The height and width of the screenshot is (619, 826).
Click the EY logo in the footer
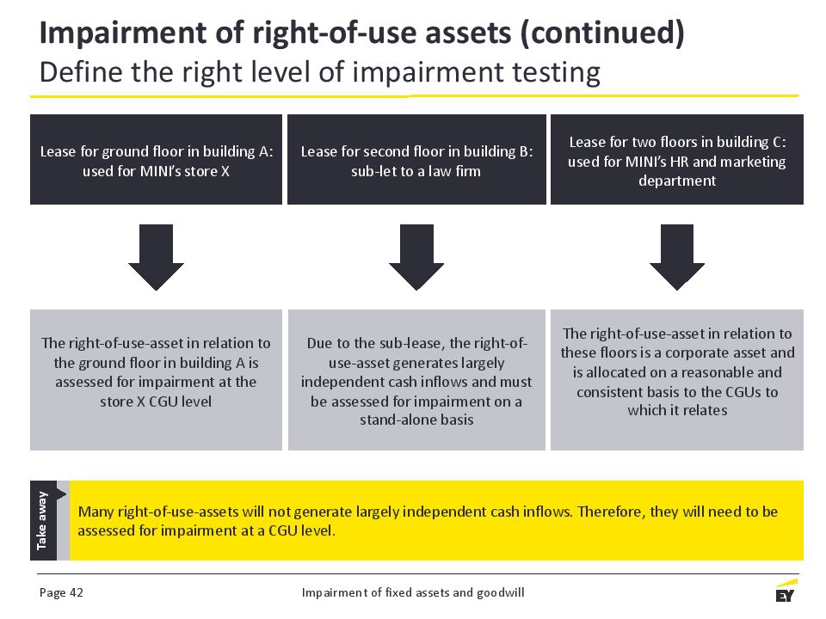(786, 591)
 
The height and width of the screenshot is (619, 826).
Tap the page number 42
(77, 592)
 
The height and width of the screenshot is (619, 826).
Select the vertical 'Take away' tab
(43, 520)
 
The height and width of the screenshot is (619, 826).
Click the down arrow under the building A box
(156, 257)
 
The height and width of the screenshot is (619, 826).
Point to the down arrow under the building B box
(416, 257)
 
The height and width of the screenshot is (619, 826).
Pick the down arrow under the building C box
(677, 257)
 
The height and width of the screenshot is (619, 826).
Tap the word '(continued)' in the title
(602, 34)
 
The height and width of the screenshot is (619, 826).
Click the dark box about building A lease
(156, 160)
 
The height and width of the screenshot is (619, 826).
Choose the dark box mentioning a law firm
(416, 160)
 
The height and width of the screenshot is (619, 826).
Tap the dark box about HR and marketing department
(677, 160)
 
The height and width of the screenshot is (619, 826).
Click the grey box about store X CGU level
(156, 380)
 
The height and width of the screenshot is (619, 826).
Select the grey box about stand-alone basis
(416, 380)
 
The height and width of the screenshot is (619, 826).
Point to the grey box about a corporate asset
(677, 380)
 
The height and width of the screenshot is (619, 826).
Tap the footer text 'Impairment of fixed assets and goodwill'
(413, 592)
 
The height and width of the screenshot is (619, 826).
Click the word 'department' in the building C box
(677, 181)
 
